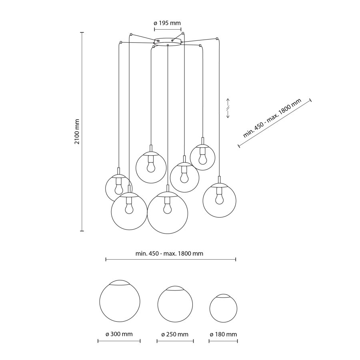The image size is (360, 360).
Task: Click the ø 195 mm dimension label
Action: tap(168, 23)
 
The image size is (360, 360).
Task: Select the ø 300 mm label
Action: tap(119, 334)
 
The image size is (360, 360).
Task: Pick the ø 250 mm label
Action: tap(175, 334)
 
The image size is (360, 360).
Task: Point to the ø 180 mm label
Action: tap(223, 334)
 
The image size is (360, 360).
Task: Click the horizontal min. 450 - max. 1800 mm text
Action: tap(170, 254)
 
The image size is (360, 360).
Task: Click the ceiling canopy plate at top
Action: tap(168, 41)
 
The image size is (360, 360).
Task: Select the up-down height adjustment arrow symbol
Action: tap(228, 108)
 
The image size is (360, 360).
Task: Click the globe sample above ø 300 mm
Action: tap(119, 301)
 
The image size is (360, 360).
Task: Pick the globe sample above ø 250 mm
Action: tap(175, 304)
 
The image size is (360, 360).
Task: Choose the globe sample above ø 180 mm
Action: tap(224, 308)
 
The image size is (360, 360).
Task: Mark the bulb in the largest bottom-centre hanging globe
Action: tap(167, 208)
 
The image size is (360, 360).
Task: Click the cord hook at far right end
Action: tap(217, 39)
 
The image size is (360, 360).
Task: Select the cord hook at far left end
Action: tap(120, 42)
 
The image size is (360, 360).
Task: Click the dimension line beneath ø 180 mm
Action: tap(223, 341)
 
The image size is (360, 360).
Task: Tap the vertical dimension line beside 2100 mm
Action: tap(82, 132)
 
